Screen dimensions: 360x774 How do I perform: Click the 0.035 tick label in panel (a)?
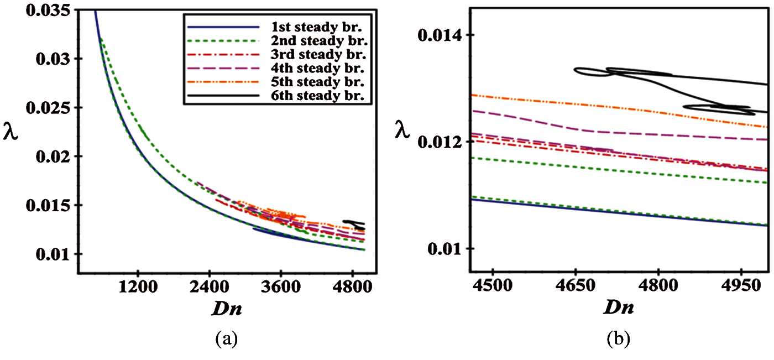(46, 10)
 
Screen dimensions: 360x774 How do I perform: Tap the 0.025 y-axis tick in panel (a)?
(46, 108)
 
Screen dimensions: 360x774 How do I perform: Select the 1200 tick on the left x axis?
(138, 289)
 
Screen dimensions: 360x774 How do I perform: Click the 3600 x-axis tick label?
(281, 289)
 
